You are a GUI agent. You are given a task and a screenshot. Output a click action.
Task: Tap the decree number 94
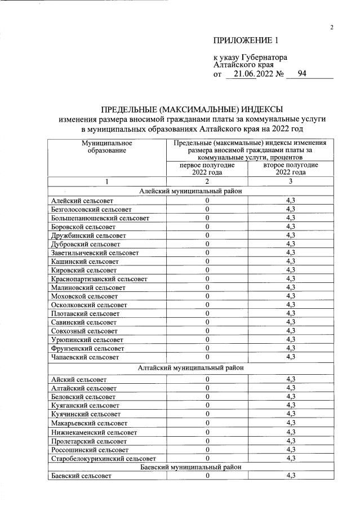pyautogui.click(x=301, y=73)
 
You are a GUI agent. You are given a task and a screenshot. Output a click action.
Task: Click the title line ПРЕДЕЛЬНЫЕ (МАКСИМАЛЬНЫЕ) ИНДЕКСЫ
pyautogui.click(x=192, y=109)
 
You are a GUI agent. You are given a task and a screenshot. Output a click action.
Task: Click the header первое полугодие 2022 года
pyautogui.click(x=207, y=168)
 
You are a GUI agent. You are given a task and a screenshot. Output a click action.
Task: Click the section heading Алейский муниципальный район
pyautogui.click(x=192, y=191)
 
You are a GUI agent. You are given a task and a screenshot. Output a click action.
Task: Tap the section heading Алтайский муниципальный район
pyautogui.click(x=192, y=367)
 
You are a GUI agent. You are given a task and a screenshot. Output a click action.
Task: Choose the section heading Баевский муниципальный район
pyautogui.click(x=192, y=467)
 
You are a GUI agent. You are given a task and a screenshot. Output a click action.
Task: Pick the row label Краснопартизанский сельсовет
pyautogui.click(x=99, y=278)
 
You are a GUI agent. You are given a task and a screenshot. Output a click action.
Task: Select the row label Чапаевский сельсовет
pyautogui.click(x=85, y=357)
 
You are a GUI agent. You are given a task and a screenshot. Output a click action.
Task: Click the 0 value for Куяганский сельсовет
pyautogui.click(x=207, y=405)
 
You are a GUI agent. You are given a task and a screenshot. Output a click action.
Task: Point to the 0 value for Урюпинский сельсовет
pyautogui.click(x=207, y=339)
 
